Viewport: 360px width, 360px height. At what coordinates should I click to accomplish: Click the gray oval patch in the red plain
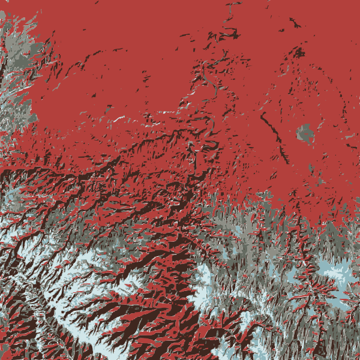tap(305, 133)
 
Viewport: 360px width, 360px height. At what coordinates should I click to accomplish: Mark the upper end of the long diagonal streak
tap(262, 112)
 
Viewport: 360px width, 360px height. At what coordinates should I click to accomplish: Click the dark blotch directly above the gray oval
tap(298, 53)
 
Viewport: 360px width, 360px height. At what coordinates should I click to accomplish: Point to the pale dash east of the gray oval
tap(350, 137)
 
